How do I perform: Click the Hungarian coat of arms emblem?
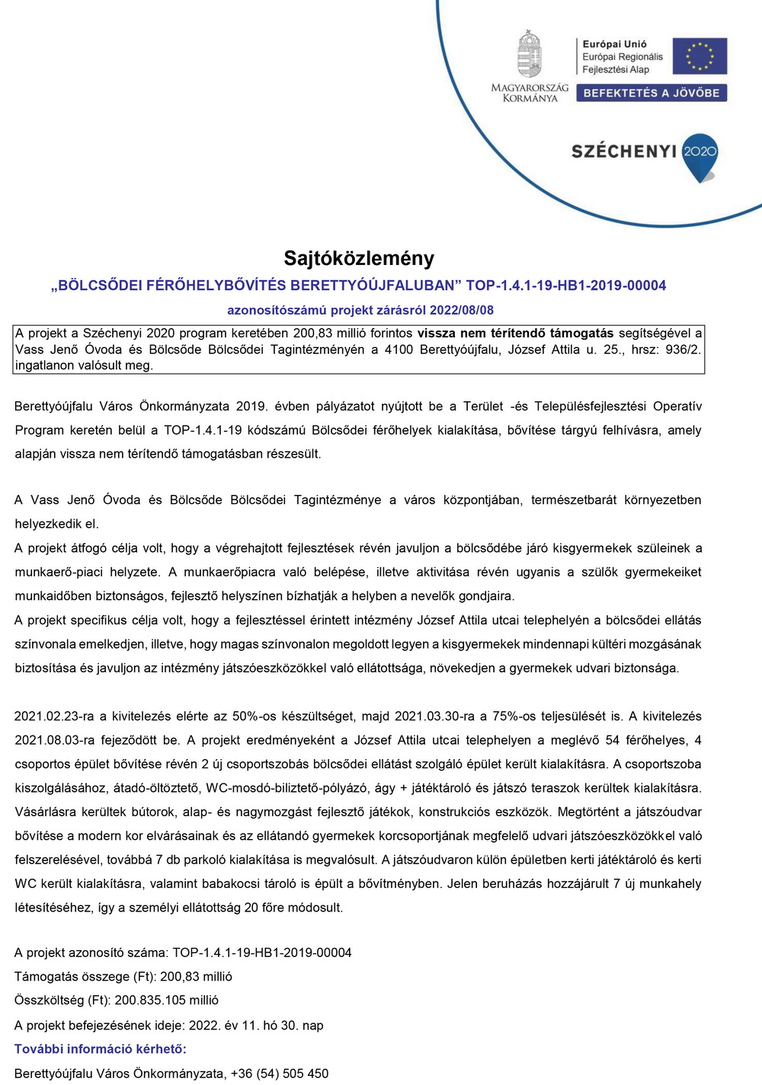(x=530, y=55)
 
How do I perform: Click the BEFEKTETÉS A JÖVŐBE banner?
(x=652, y=93)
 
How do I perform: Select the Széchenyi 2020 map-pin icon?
(x=700, y=157)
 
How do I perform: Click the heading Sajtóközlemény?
(x=359, y=258)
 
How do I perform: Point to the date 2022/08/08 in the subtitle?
(x=462, y=310)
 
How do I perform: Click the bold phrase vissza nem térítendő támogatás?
(x=515, y=333)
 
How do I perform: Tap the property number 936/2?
(x=683, y=349)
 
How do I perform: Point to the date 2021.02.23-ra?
(x=54, y=716)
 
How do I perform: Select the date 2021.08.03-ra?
(x=54, y=739)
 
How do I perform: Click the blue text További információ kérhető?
(x=101, y=1048)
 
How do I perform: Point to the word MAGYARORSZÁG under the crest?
(x=530, y=88)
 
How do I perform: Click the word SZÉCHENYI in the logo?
(x=624, y=151)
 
